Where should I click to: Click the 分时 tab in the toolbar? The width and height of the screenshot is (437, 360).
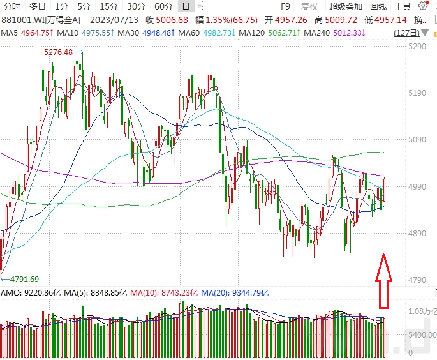point(12,6)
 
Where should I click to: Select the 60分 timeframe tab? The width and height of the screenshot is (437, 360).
point(163,6)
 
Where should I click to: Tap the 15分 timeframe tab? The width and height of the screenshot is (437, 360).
point(108,6)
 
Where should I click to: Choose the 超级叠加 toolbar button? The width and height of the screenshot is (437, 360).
point(346,6)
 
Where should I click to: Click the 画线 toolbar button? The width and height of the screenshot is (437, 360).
point(378,6)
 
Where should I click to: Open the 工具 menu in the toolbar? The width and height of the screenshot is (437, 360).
point(403,6)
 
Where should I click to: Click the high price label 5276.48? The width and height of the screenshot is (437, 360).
point(58,52)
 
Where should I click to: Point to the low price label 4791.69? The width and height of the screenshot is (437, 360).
point(24,279)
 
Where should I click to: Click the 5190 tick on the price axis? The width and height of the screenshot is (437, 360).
point(417,93)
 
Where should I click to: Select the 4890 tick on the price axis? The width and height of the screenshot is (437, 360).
point(417,234)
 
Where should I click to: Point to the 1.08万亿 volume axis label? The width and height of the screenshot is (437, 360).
point(421,310)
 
